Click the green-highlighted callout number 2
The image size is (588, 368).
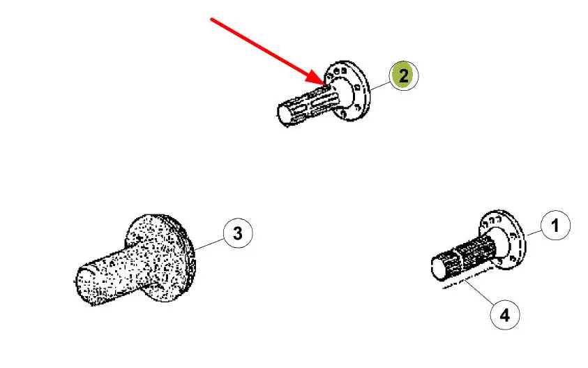[403, 75]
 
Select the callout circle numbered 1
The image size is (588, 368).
[555, 226]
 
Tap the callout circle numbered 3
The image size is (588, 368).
[238, 233]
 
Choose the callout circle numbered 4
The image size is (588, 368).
[505, 315]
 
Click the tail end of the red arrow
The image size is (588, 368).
[211, 18]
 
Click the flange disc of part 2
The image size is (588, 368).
[349, 91]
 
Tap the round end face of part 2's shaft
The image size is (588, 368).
[283, 115]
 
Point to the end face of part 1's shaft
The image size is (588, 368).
[439, 268]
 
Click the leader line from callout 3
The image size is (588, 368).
[209, 244]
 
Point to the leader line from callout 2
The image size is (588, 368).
[379, 86]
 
